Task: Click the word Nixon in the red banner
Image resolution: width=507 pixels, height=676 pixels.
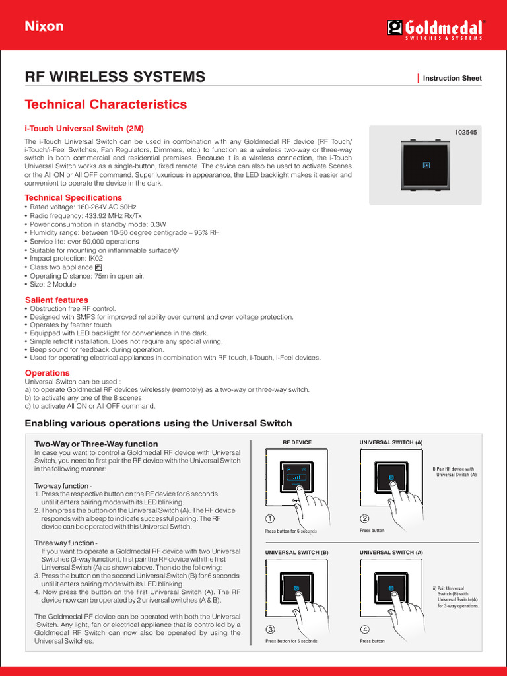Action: click(x=44, y=26)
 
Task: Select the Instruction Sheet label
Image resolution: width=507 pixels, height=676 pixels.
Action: click(x=452, y=78)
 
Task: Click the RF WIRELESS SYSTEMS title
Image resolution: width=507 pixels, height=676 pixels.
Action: click(x=114, y=77)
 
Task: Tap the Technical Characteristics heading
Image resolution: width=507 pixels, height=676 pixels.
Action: click(x=106, y=104)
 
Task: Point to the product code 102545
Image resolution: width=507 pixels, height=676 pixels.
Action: click(x=465, y=132)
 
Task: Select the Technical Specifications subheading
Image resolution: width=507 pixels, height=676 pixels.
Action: click(x=73, y=197)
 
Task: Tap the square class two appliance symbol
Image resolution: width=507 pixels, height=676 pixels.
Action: click(x=98, y=268)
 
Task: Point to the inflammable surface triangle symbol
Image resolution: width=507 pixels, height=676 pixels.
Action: click(x=175, y=251)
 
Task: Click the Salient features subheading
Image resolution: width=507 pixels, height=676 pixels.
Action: click(x=56, y=300)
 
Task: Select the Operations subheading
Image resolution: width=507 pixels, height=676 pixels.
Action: click(x=47, y=373)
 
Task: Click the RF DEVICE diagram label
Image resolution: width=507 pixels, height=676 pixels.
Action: click(x=297, y=442)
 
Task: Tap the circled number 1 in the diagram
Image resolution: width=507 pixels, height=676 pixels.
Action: click(x=270, y=519)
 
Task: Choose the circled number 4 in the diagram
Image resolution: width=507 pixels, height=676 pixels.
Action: click(x=364, y=629)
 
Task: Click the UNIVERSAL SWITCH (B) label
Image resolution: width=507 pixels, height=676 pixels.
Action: click(x=296, y=551)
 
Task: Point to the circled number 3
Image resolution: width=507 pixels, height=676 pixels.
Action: click(x=270, y=629)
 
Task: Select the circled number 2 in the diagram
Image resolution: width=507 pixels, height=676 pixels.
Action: click(x=364, y=519)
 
